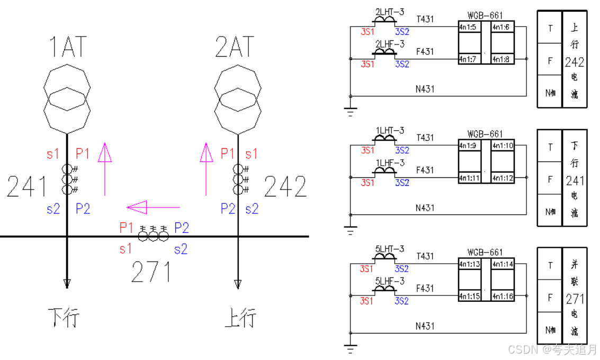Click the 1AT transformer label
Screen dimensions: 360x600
(x=67, y=47)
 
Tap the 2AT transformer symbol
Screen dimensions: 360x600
(x=237, y=98)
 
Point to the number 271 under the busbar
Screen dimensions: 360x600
(x=151, y=272)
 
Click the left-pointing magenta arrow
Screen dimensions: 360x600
(x=153, y=208)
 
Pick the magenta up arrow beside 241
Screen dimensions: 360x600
(x=105, y=168)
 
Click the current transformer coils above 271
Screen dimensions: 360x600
(x=153, y=234)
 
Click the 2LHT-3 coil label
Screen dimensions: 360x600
(x=389, y=11)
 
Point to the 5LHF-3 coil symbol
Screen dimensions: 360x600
(x=385, y=289)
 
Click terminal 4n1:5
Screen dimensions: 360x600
(x=468, y=27)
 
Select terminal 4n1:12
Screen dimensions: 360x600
(x=502, y=178)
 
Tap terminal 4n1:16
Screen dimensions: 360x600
(x=502, y=296)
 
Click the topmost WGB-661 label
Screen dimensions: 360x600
(x=485, y=16)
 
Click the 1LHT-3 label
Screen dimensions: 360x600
(x=389, y=130)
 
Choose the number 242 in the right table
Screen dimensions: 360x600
(x=574, y=62)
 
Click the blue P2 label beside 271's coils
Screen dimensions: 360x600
(x=182, y=228)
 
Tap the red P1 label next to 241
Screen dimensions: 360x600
(x=83, y=154)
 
